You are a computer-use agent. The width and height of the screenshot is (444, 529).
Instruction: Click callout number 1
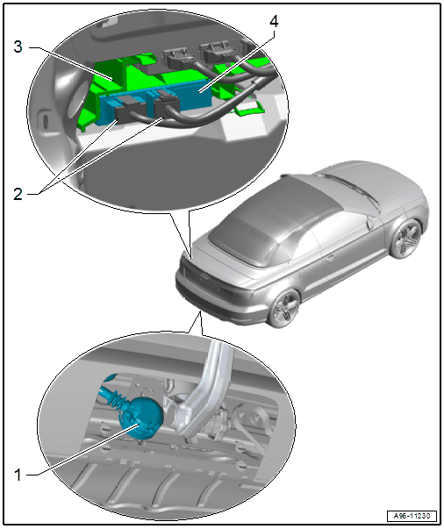(x=18, y=475)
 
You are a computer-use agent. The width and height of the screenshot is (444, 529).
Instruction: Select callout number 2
(x=18, y=195)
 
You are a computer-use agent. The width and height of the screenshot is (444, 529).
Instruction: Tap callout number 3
(x=18, y=46)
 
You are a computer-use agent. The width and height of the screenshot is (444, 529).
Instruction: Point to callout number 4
(x=274, y=21)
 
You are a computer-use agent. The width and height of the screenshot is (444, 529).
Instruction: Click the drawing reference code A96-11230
(x=412, y=516)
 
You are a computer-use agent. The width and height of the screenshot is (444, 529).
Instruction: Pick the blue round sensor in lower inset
(x=141, y=418)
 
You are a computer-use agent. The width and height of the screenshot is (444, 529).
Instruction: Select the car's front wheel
(x=406, y=238)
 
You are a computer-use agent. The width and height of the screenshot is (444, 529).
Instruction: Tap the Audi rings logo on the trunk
(x=204, y=277)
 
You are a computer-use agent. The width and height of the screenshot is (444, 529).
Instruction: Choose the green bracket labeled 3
(x=111, y=84)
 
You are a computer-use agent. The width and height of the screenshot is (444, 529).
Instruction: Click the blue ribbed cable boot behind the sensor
(x=115, y=397)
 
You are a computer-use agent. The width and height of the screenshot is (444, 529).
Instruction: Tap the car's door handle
(x=330, y=258)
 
